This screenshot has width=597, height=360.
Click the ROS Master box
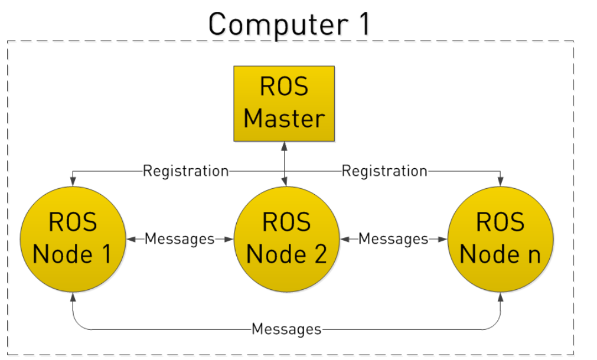(x=284, y=103)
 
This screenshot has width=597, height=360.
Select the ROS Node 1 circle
(x=72, y=238)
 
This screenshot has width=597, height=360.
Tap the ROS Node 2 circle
(x=286, y=238)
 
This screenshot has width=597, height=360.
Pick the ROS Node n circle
(x=500, y=238)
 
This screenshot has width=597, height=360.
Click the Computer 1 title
(x=289, y=24)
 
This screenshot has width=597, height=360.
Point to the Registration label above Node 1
(x=185, y=171)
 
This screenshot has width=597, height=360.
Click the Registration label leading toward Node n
(x=384, y=171)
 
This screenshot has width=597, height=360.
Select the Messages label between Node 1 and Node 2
(x=180, y=239)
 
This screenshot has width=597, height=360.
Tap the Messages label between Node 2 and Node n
(x=393, y=239)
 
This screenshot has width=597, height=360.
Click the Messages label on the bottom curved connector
(x=286, y=329)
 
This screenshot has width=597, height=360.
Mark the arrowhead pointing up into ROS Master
(x=285, y=146)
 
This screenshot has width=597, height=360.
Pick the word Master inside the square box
(x=284, y=118)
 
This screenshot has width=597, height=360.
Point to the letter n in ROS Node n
(x=533, y=254)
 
